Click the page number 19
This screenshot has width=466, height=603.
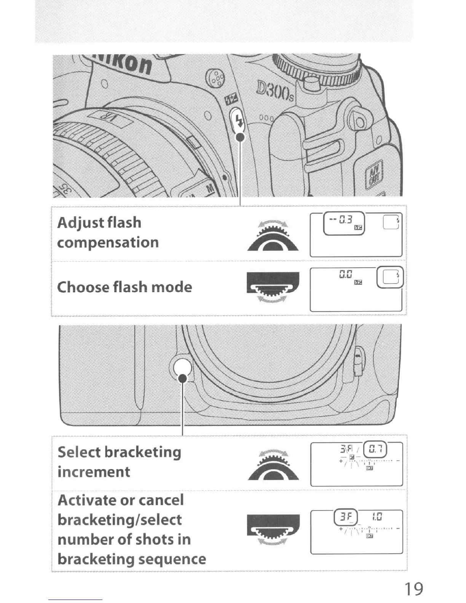click(413, 589)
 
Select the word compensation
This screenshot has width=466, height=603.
click(108, 242)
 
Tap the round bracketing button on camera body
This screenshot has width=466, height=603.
click(182, 368)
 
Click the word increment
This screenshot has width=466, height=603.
click(94, 472)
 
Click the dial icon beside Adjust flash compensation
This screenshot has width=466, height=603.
click(273, 237)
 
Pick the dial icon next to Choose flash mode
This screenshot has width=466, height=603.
click(273, 287)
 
